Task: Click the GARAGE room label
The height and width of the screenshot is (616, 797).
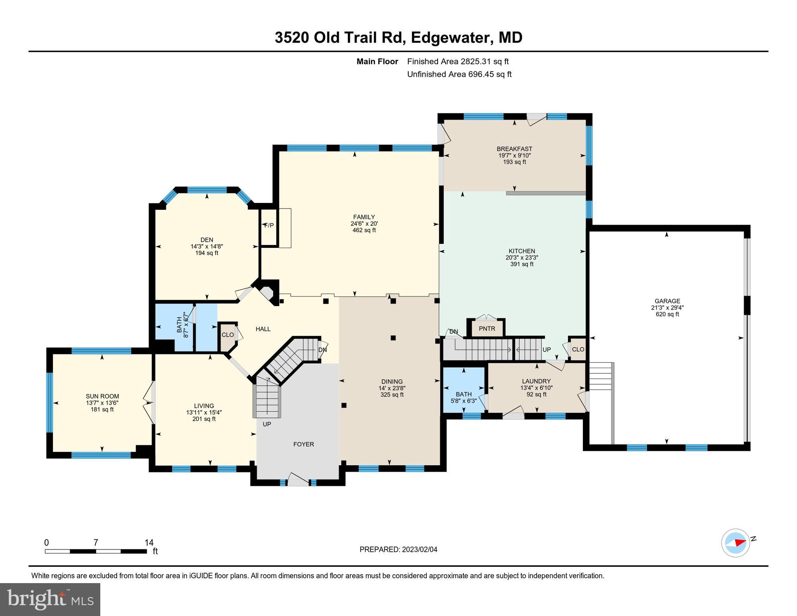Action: click(667, 301)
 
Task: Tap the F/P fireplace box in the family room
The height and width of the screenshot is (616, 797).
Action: click(269, 225)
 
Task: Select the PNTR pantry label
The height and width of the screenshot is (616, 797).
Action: click(487, 328)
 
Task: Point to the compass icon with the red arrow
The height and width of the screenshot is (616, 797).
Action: click(735, 543)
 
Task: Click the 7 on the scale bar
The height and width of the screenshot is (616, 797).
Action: click(95, 543)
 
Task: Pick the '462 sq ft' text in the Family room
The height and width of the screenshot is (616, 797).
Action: click(364, 230)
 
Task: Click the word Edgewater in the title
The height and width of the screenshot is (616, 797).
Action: click(452, 38)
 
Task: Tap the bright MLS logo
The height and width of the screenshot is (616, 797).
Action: click(50, 599)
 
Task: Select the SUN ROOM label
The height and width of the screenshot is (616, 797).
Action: click(102, 396)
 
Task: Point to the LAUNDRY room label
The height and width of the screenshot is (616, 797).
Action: click(536, 381)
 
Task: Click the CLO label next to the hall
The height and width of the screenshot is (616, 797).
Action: click(227, 335)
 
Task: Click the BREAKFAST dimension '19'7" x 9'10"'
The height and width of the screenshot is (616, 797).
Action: click(514, 155)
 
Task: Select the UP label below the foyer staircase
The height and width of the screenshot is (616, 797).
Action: click(267, 424)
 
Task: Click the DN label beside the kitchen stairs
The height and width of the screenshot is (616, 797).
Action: click(453, 331)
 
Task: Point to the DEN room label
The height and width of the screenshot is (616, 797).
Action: click(207, 240)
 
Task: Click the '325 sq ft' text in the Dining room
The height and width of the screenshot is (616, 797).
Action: click(391, 395)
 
